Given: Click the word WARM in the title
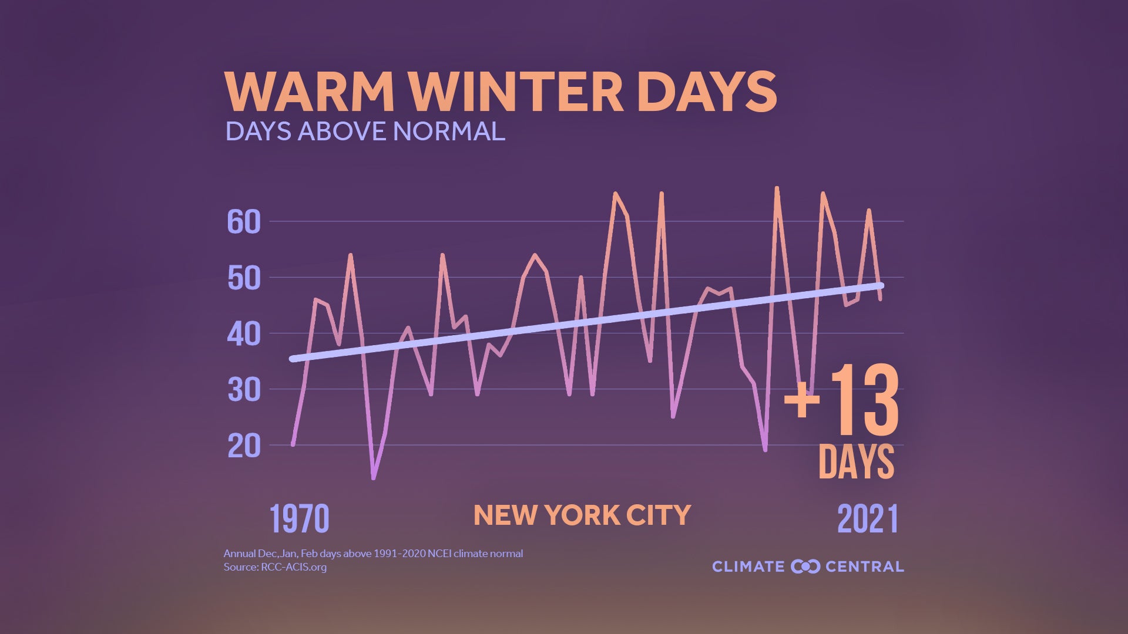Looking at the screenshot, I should (x=309, y=92).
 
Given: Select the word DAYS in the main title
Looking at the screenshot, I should (x=706, y=92).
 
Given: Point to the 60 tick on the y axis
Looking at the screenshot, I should (x=244, y=222).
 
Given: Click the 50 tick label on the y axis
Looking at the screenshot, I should (x=244, y=278).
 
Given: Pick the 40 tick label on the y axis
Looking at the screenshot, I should (x=244, y=334).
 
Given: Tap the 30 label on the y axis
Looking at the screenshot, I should (x=244, y=390).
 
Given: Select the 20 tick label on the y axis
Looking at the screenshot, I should (x=244, y=446).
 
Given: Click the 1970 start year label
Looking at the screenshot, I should (x=299, y=519).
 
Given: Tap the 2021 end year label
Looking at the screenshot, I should (x=868, y=519).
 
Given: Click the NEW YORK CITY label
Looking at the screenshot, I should (x=582, y=515).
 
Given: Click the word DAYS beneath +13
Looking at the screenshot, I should (x=856, y=461).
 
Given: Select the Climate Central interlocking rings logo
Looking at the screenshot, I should (x=805, y=566).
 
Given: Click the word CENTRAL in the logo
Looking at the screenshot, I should (x=864, y=566).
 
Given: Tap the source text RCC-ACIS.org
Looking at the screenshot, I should (x=293, y=567).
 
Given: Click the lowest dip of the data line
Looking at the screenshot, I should (x=373, y=478).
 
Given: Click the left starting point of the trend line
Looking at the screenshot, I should (x=293, y=359).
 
